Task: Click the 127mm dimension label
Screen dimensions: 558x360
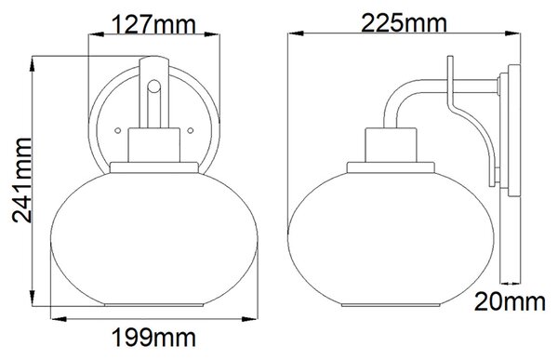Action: [x=153, y=24]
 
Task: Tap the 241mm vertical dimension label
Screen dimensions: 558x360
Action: [x=22, y=180]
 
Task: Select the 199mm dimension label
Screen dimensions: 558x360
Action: [x=153, y=338]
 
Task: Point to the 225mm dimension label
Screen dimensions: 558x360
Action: [x=404, y=22]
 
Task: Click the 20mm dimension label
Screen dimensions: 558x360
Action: [x=510, y=301]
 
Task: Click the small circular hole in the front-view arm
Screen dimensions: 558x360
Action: [x=154, y=86]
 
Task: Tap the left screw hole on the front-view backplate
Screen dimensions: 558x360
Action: [x=118, y=130]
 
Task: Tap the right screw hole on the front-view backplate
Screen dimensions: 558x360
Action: [x=191, y=130]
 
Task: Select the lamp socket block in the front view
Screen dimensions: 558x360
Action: [x=154, y=145]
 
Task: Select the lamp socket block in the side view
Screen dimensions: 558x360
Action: [x=391, y=145]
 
